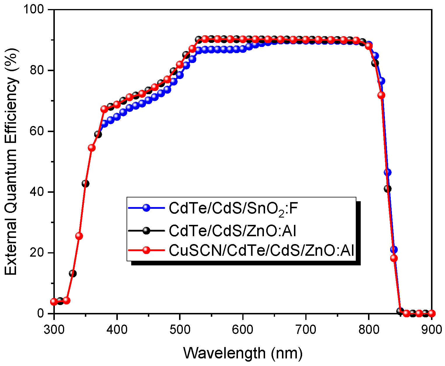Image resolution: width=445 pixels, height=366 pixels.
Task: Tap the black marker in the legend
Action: (146, 230)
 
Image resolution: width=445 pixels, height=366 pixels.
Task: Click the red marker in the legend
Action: (146, 251)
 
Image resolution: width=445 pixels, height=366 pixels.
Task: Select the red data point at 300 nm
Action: (54, 302)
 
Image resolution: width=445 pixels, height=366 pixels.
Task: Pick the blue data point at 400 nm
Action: (117, 116)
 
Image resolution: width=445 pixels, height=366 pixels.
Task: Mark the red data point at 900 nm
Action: (432, 314)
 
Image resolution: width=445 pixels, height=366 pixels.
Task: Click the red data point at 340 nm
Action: (79, 236)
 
